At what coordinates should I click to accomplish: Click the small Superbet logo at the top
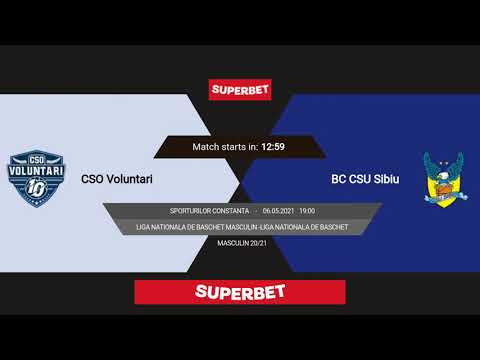240,89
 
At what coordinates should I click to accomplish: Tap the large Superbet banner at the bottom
240,292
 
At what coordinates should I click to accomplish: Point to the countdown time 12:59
273,147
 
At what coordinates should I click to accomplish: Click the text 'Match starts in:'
225,147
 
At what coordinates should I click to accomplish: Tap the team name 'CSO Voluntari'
117,180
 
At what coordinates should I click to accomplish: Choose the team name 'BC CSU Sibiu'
365,180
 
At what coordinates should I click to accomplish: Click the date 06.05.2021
279,211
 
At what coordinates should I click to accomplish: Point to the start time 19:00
306,211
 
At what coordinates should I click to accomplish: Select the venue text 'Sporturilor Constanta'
208,211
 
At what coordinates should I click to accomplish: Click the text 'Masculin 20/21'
240,243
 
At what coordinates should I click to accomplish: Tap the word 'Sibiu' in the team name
385,180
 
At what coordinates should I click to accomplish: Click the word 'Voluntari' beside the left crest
129,180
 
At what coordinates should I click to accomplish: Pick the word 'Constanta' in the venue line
228,211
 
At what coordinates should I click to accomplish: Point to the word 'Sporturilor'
189,211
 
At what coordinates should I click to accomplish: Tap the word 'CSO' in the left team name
92,180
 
